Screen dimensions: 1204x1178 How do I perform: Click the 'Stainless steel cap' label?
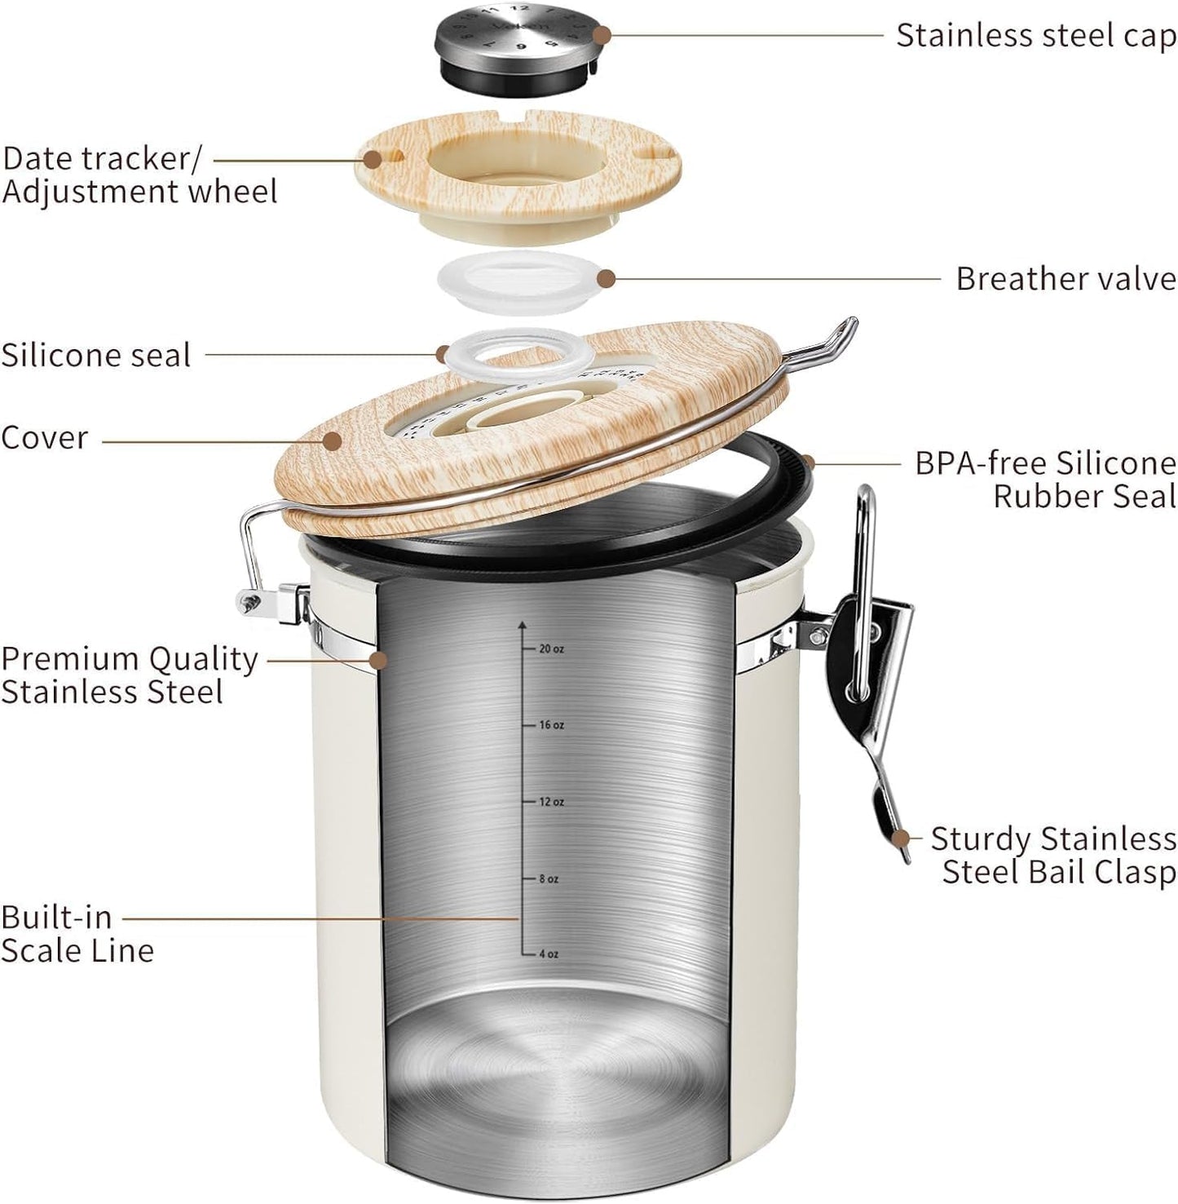coord(1036,36)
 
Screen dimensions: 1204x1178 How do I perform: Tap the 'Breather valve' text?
coord(1065,279)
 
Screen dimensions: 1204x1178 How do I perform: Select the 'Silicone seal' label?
coord(96,356)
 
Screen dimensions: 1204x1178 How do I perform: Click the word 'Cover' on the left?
coord(44,438)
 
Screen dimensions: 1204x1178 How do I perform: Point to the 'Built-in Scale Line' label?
coord(77,934)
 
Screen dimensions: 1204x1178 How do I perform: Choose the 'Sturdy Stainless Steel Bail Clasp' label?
coord(1053,855)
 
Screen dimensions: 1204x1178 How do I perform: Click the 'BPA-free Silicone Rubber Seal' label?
coord(1045,480)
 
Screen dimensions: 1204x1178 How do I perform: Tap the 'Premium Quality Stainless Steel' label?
coord(129,675)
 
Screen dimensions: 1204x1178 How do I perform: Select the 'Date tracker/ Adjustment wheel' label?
coord(139,175)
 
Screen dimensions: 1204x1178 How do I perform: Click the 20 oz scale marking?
coord(551,649)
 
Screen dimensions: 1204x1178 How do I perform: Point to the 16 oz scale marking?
coord(551,725)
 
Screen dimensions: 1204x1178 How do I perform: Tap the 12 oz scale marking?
coord(551,802)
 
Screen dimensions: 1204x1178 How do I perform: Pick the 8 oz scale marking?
coord(549,879)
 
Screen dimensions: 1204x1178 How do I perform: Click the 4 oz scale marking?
coord(549,954)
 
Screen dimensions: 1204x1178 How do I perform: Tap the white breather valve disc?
coord(518,281)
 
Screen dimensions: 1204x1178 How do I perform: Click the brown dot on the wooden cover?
coord(332,441)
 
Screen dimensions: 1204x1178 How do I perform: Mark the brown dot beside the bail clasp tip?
coord(901,838)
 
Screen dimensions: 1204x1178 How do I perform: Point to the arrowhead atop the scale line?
coord(523,626)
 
